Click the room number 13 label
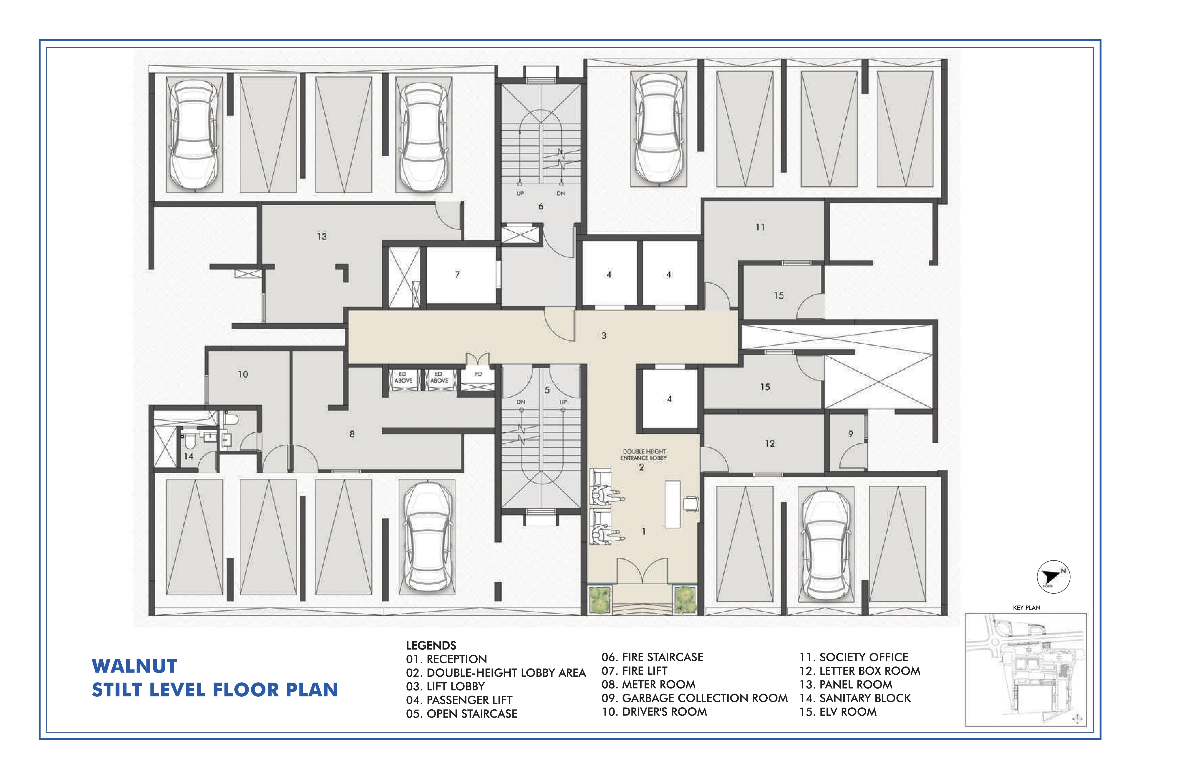[322, 237]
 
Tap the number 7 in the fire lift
[458, 274]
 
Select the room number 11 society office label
[760, 227]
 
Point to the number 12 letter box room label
[770, 443]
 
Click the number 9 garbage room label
[851, 434]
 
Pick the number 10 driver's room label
[243, 374]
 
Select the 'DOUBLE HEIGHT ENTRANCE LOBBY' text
[643, 455]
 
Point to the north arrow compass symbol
[1053, 577]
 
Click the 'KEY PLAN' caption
[1026, 608]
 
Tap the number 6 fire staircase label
[541, 206]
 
